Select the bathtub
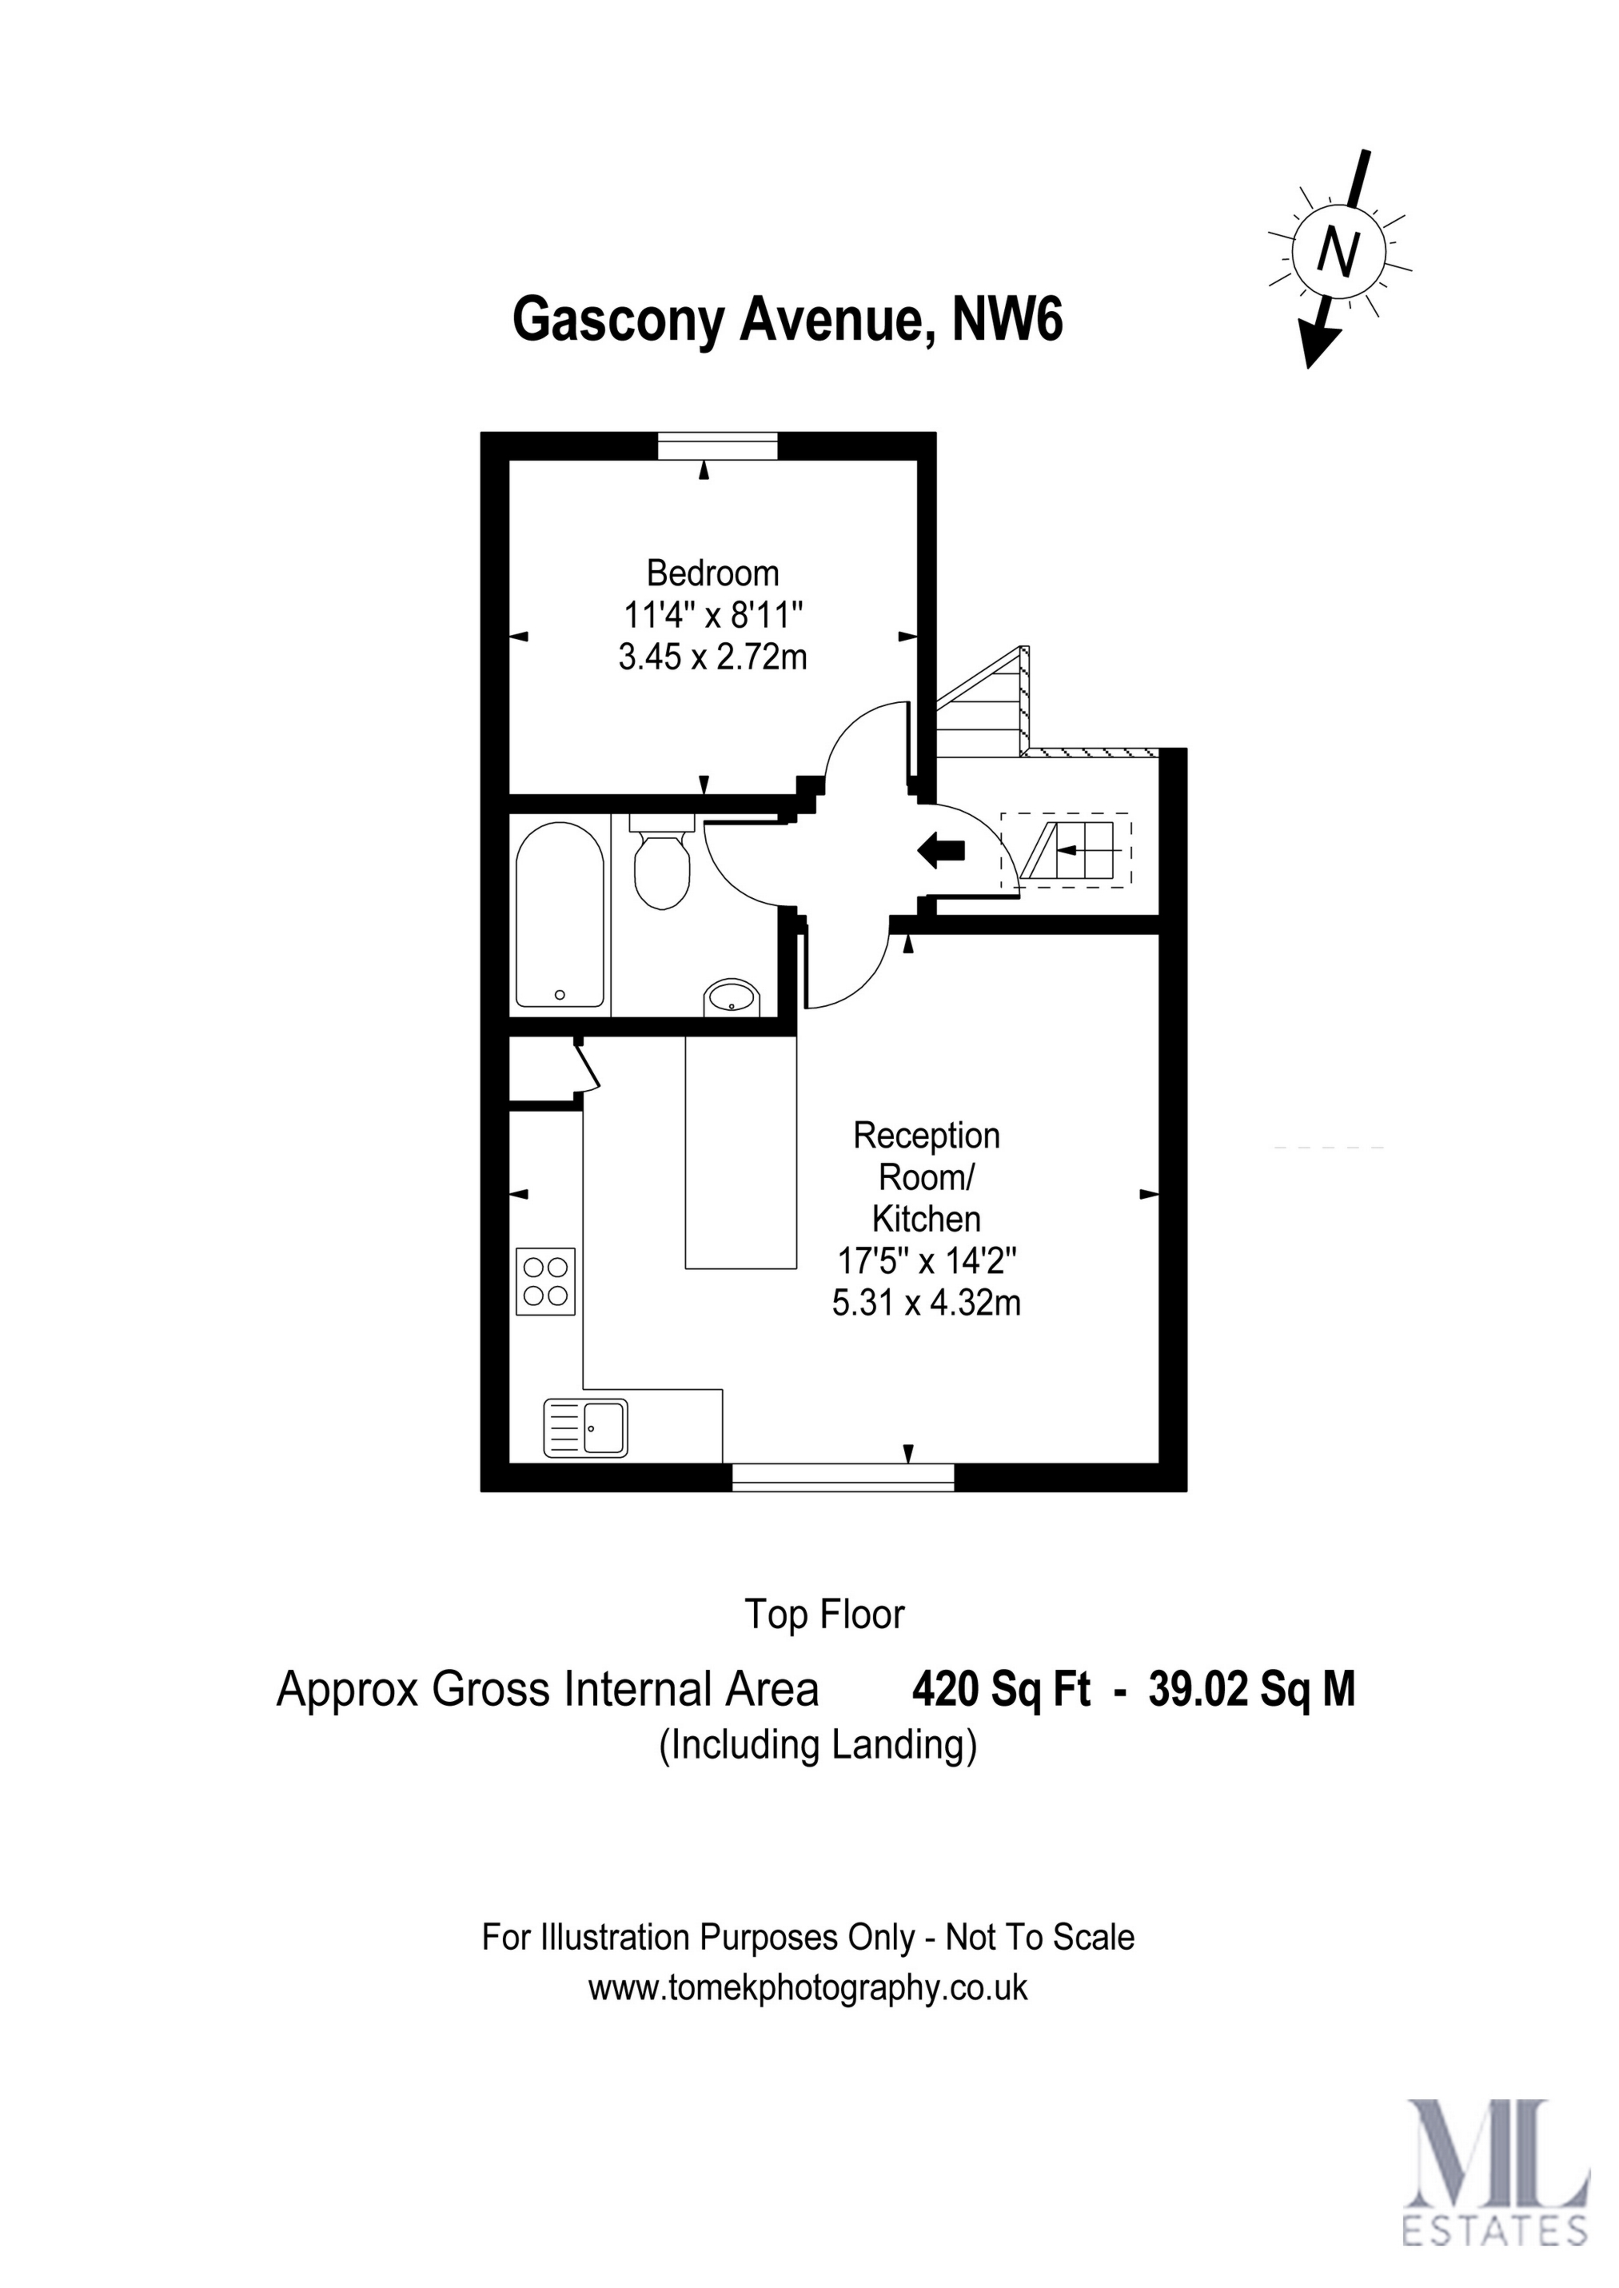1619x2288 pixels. click(560, 913)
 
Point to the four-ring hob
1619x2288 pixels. click(546, 1281)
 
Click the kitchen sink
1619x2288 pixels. click(585, 1428)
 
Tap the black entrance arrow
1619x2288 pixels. click(941, 850)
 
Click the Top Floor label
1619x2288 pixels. click(825, 1614)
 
